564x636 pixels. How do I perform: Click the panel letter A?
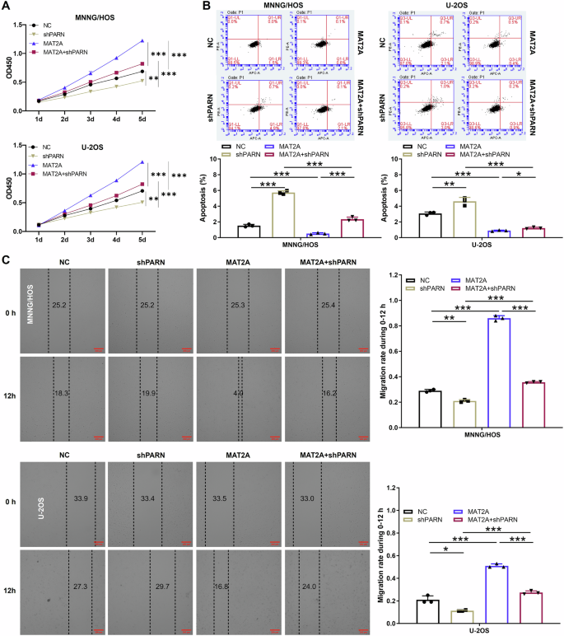[x=7, y=7]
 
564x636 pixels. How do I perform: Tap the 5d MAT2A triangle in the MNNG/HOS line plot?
[x=142, y=40]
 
